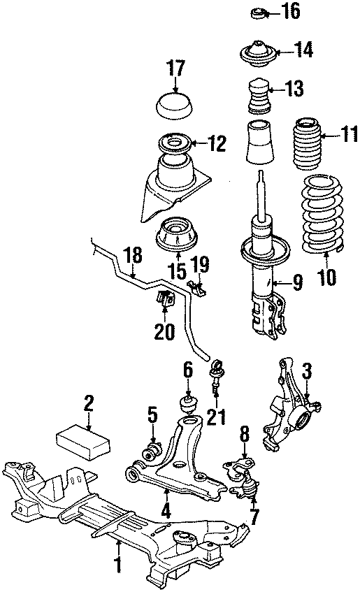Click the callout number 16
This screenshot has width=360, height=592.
click(290, 12)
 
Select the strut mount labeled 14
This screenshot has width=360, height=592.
click(258, 53)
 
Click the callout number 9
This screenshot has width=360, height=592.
click(298, 283)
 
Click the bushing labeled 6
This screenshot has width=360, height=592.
click(187, 405)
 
